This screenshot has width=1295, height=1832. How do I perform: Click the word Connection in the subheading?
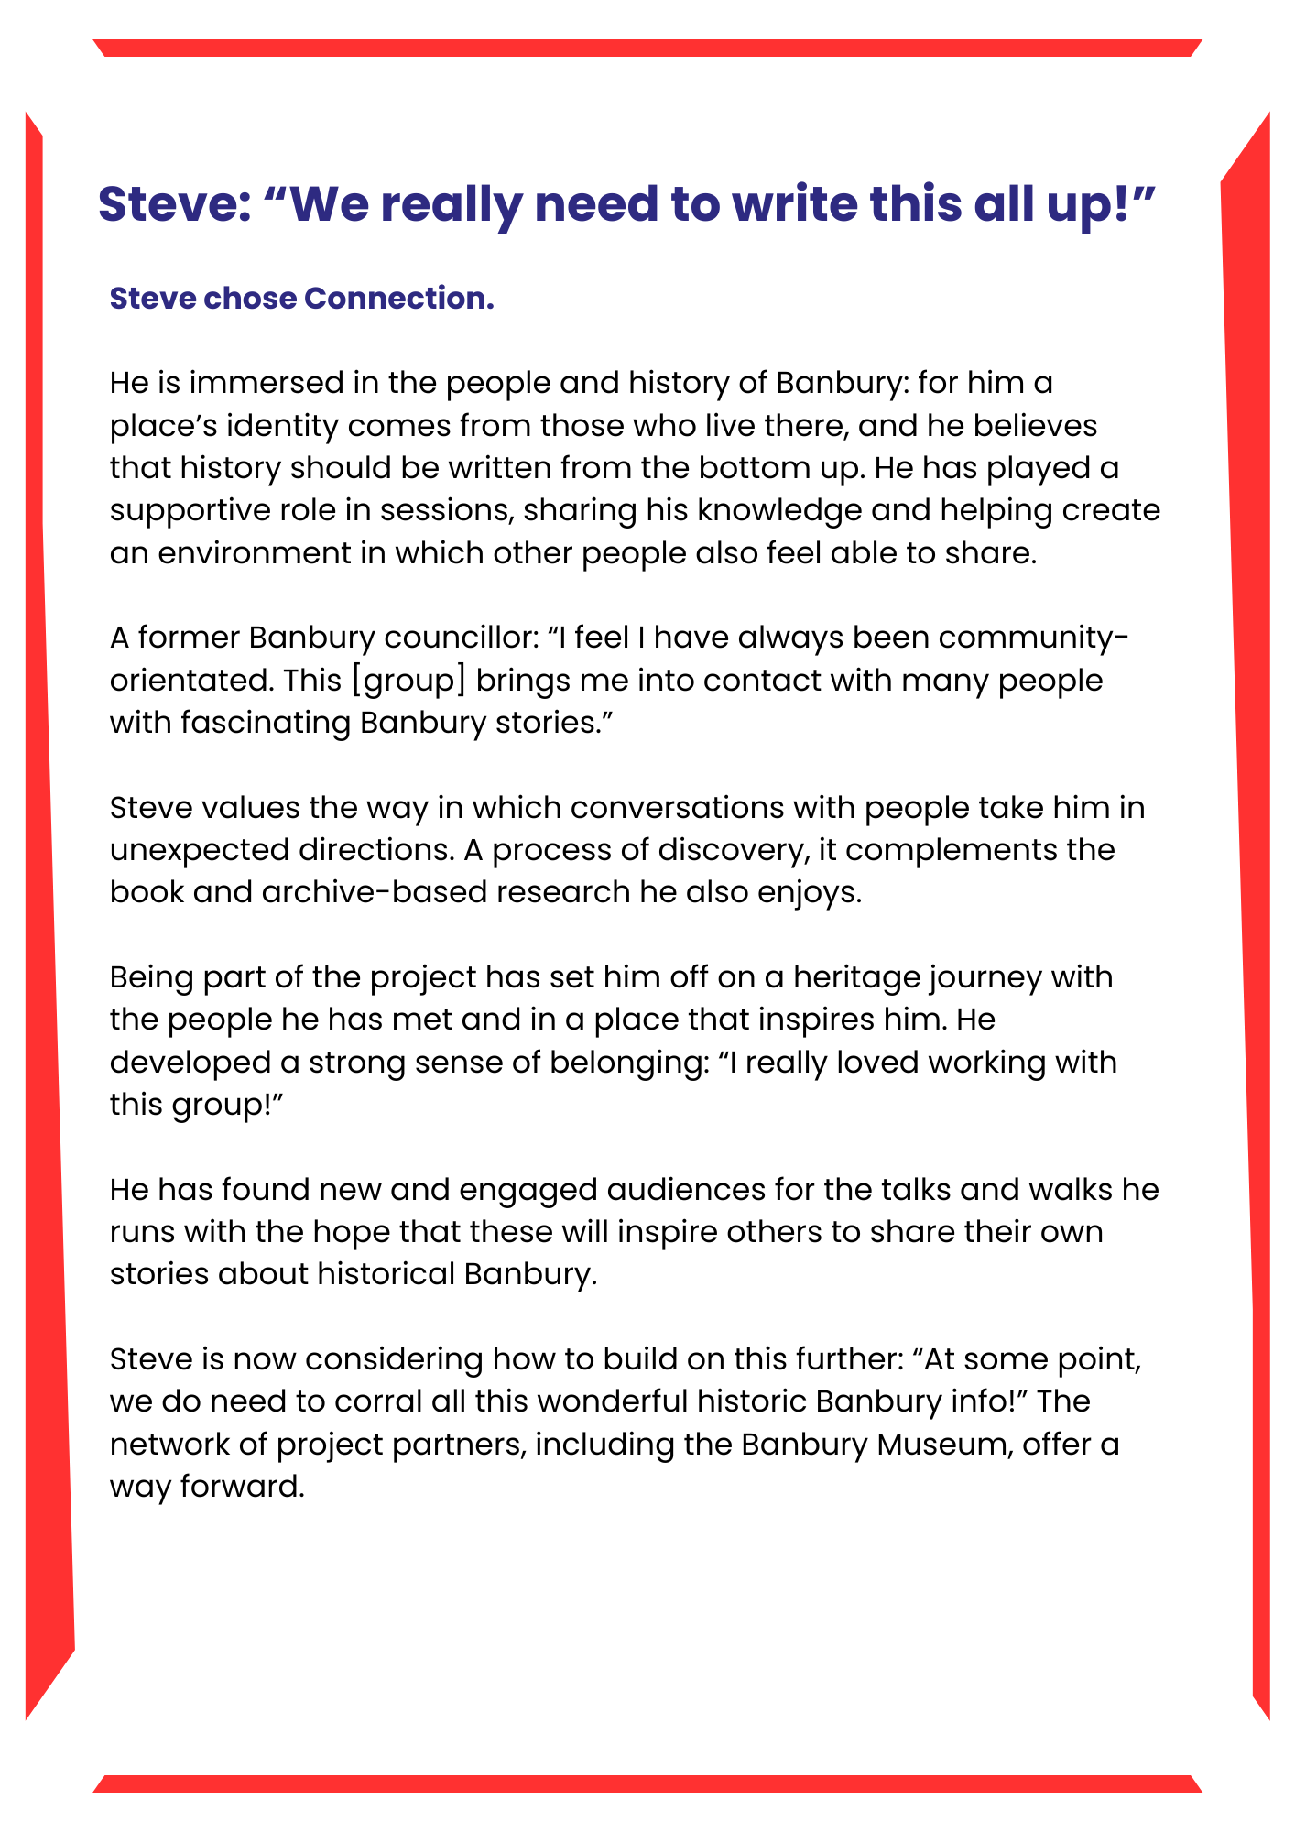(398, 299)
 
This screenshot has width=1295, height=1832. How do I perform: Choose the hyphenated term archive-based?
(374, 891)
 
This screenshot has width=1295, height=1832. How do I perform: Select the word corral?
(381, 1401)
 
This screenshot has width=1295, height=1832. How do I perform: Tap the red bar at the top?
(647, 48)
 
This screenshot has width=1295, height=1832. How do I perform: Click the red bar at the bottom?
(647, 1783)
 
